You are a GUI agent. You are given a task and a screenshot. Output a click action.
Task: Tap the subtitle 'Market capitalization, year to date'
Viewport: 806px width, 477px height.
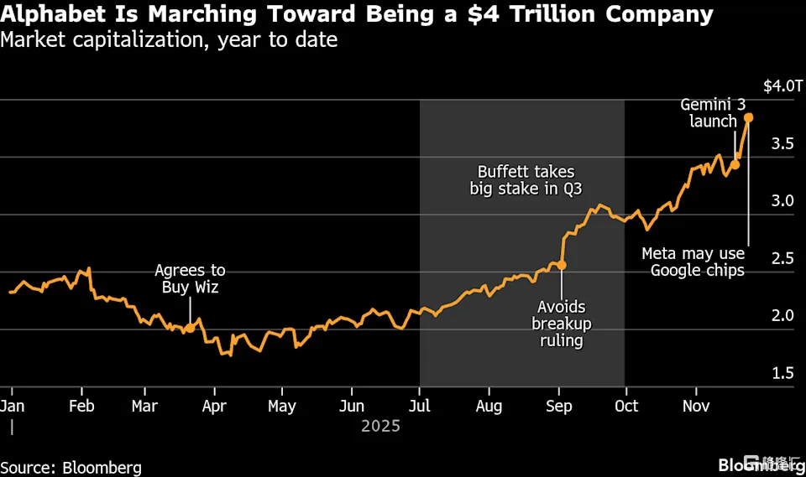170,39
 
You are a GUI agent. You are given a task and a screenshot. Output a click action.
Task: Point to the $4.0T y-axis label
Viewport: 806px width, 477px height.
782,86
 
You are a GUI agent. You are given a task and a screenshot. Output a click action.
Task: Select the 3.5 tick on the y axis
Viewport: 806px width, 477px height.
783,143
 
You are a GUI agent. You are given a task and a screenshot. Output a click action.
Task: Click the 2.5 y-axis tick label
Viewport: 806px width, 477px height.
783,258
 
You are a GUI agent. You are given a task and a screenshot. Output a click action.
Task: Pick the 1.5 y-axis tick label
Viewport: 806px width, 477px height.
783,373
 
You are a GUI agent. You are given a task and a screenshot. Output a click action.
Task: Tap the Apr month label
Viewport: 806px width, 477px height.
214,406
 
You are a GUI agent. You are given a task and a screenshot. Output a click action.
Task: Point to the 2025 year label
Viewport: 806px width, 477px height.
380,426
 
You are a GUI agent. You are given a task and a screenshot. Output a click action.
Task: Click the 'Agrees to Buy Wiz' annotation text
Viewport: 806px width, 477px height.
190,278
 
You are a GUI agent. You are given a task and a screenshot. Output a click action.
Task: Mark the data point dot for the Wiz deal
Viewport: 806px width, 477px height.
190,328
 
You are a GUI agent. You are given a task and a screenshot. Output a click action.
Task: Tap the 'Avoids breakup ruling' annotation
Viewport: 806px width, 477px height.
561,324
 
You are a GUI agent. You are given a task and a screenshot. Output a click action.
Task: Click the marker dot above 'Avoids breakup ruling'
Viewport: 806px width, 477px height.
561,265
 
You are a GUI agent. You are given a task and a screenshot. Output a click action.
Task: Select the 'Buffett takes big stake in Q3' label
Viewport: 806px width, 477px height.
526,180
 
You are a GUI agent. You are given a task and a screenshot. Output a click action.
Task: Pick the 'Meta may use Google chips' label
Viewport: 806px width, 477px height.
693,262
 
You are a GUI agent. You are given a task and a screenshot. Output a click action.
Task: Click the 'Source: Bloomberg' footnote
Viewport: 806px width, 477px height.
71,468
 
